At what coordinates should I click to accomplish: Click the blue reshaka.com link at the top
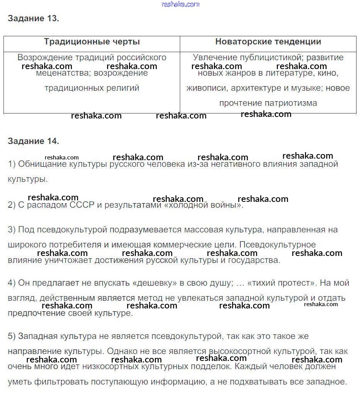[x=181, y=4]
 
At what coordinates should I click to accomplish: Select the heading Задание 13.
[x=33, y=19]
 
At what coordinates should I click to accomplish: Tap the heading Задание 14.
[x=33, y=141]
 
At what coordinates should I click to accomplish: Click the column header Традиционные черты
[x=92, y=42]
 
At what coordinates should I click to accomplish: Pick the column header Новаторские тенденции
[x=268, y=42]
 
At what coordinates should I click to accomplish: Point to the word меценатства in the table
[x=59, y=73]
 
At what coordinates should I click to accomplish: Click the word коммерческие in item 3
[x=179, y=245]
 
